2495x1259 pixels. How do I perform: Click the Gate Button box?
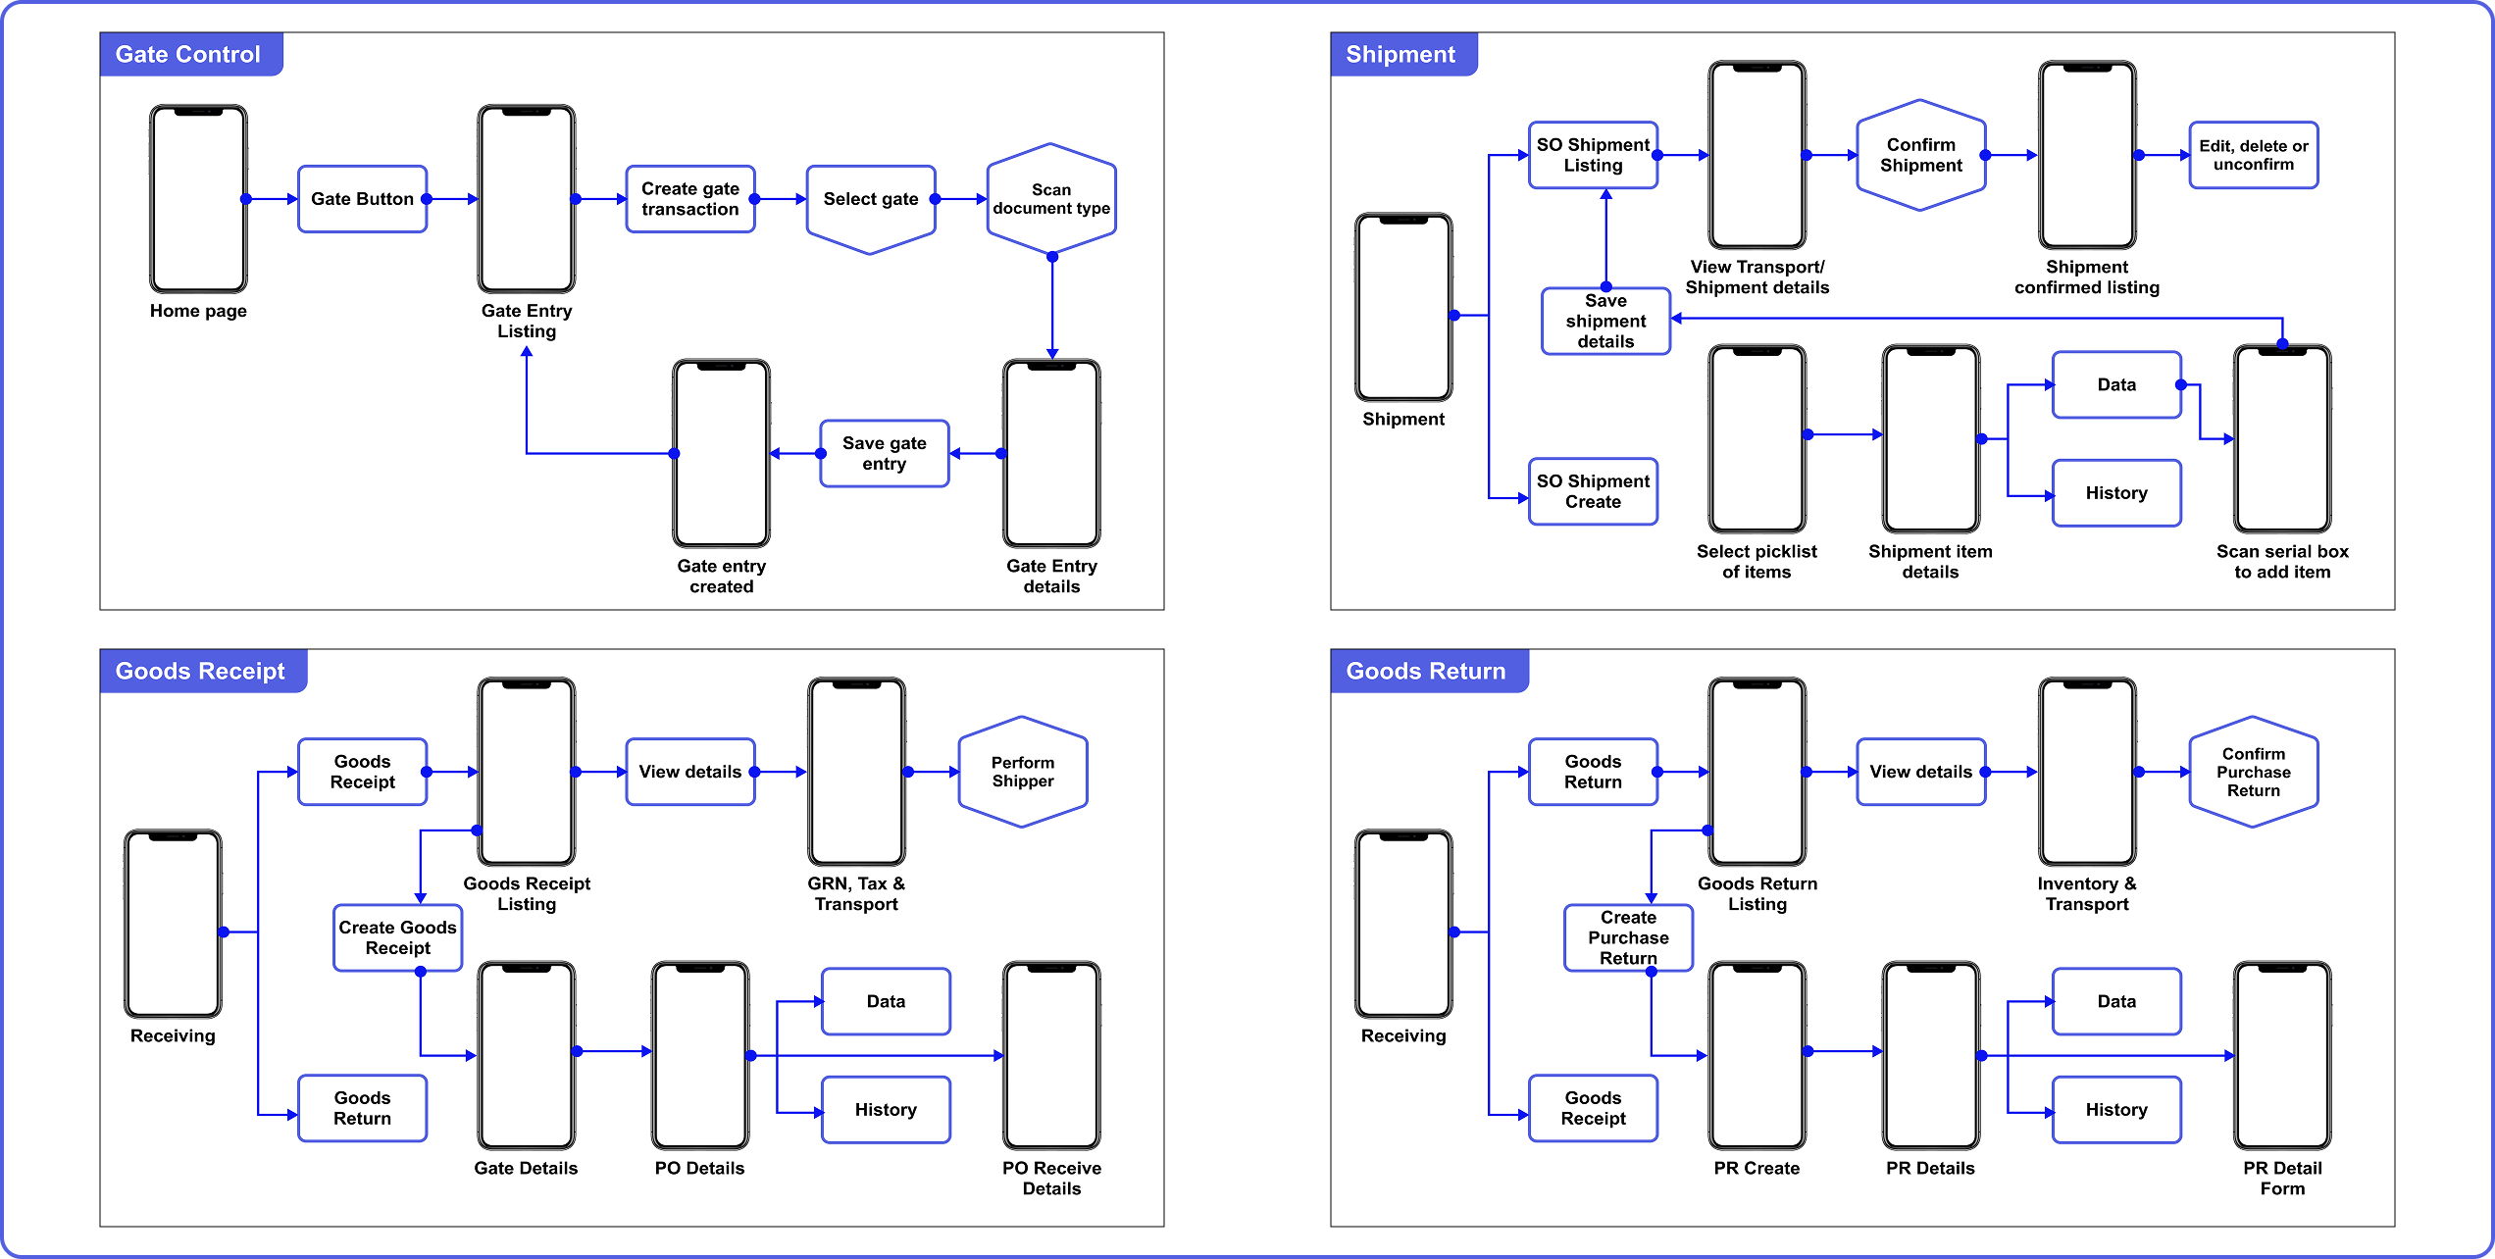click(x=362, y=199)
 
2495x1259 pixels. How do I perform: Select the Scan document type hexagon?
click(x=1051, y=199)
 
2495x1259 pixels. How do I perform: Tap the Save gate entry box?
click(x=884, y=453)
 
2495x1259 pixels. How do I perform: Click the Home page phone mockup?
click(x=198, y=199)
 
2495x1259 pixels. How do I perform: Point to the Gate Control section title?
click(x=188, y=54)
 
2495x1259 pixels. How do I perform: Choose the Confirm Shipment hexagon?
click(x=1920, y=155)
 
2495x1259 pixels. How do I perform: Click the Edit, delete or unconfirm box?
click(x=2253, y=155)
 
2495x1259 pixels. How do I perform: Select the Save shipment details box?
click(x=1605, y=321)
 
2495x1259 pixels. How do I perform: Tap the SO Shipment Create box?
click(x=1593, y=491)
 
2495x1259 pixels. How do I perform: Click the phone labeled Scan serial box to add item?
click(x=2282, y=438)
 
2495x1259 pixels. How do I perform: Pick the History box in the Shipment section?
click(x=2116, y=493)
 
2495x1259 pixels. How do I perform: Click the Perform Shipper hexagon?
click(x=1022, y=772)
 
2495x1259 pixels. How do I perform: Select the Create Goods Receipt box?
click(x=397, y=937)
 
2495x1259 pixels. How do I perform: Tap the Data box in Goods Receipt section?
click(x=886, y=1001)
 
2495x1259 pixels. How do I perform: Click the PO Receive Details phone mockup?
click(x=1051, y=1055)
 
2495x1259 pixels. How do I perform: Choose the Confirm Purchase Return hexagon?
click(x=2253, y=772)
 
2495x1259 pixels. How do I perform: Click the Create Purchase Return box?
click(x=1628, y=937)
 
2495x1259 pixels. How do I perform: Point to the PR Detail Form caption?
click(x=2282, y=1178)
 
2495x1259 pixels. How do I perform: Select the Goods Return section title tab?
click(x=1426, y=671)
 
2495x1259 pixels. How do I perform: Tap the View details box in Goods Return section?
click(x=1920, y=772)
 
